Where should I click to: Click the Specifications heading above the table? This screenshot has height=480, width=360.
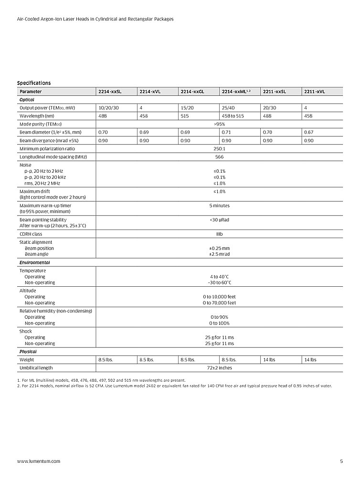[34, 83]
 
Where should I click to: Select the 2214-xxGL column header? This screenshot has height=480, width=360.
[192, 92]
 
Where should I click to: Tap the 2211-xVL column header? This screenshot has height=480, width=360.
[315, 92]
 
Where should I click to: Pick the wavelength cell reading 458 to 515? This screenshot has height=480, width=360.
[233, 116]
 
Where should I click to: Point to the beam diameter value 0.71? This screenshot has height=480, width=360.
[226, 132]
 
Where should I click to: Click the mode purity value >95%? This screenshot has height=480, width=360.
[220, 124]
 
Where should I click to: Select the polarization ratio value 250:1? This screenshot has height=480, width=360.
[220, 149]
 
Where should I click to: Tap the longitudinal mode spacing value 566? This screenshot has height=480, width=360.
[220, 157]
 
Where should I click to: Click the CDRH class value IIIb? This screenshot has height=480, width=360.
[220, 234]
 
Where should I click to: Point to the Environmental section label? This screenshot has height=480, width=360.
[34, 263]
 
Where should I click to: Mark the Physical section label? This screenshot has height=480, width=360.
[28, 352]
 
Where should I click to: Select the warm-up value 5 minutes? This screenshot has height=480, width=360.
[220, 206]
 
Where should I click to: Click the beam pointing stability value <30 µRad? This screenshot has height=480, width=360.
[220, 219]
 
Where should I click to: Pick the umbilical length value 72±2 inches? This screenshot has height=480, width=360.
[220, 368]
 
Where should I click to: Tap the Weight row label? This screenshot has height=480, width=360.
[27, 360]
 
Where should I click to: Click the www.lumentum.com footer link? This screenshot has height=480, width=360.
[39, 461]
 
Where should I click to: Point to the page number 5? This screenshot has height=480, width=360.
[341, 461]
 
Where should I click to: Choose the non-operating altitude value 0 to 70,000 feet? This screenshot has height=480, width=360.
[220, 303]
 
